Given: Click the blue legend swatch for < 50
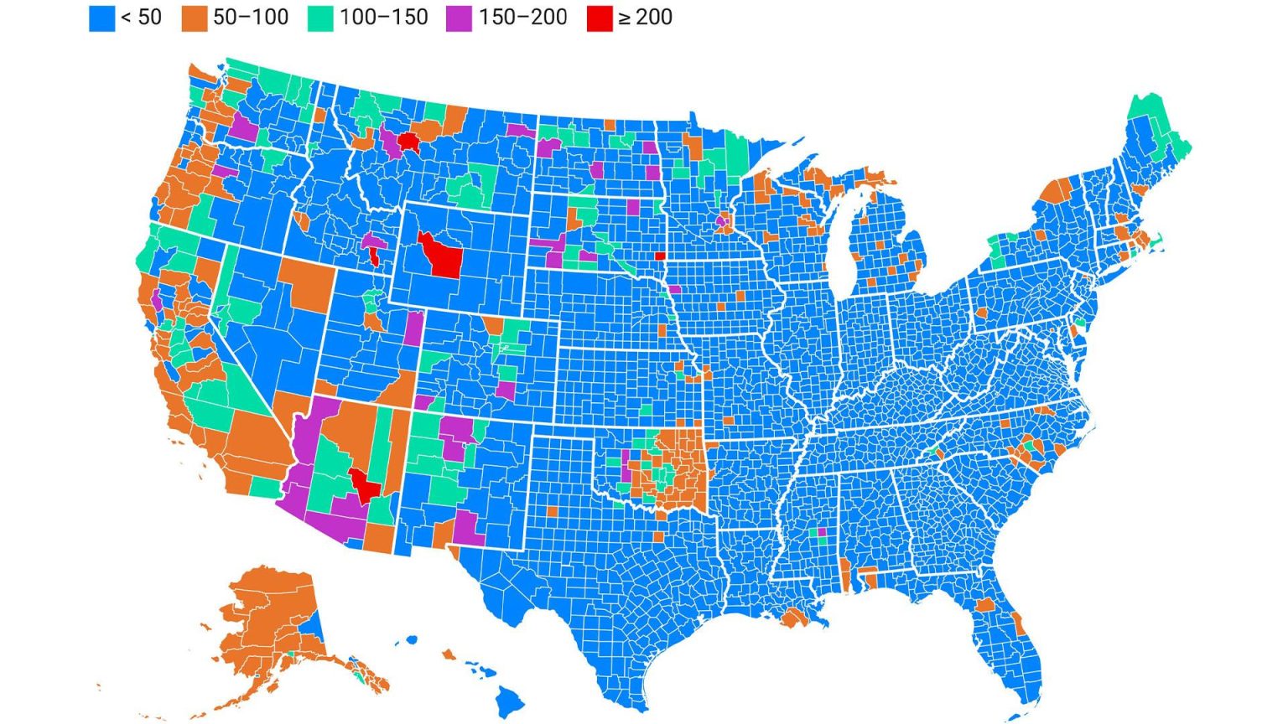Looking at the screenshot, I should point(101,18).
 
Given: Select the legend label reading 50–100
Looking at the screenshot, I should point(250,18).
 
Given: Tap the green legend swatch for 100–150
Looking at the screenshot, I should point(319,18).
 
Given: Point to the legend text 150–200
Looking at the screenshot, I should point(522,18).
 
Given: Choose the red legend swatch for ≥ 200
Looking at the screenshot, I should point(600,18).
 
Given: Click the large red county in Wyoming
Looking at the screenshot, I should point(441,255).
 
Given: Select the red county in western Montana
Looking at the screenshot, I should point(409,141).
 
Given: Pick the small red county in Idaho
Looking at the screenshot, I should point(374,256).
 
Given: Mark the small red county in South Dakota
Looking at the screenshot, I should point(660,256).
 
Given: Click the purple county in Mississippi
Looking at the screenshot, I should point(821,531).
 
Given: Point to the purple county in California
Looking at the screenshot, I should point(157,299).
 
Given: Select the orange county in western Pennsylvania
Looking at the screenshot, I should point(981,313).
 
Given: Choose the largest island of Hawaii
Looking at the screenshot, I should point(509,698).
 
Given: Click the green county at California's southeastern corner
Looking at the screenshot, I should point(265,487).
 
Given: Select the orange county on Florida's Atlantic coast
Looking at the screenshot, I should point(1019,623).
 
